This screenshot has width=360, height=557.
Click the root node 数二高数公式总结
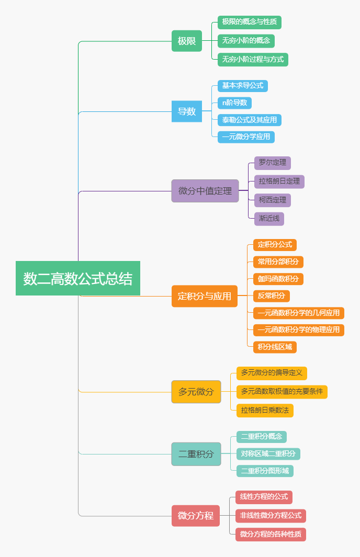78,278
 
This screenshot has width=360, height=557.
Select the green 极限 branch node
187,41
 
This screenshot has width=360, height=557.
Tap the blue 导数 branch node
187,111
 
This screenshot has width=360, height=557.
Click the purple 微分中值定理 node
205,191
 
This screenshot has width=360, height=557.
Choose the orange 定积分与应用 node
205,296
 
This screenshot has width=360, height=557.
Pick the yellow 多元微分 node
196,392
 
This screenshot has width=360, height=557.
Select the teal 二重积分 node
196,454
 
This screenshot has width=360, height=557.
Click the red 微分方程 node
196,516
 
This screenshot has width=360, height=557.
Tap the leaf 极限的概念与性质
250,22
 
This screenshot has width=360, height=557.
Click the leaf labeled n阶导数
235,103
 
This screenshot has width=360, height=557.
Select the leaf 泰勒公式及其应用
250,120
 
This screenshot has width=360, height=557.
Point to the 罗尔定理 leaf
273,163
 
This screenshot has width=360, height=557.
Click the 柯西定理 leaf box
273,200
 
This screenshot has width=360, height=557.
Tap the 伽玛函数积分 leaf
278,279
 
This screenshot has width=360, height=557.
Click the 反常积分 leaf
272,296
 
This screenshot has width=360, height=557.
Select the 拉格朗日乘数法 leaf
265,410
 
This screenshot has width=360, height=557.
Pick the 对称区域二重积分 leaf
268,453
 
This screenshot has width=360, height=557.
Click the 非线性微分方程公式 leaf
271,516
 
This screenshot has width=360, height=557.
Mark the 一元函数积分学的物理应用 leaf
299,329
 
